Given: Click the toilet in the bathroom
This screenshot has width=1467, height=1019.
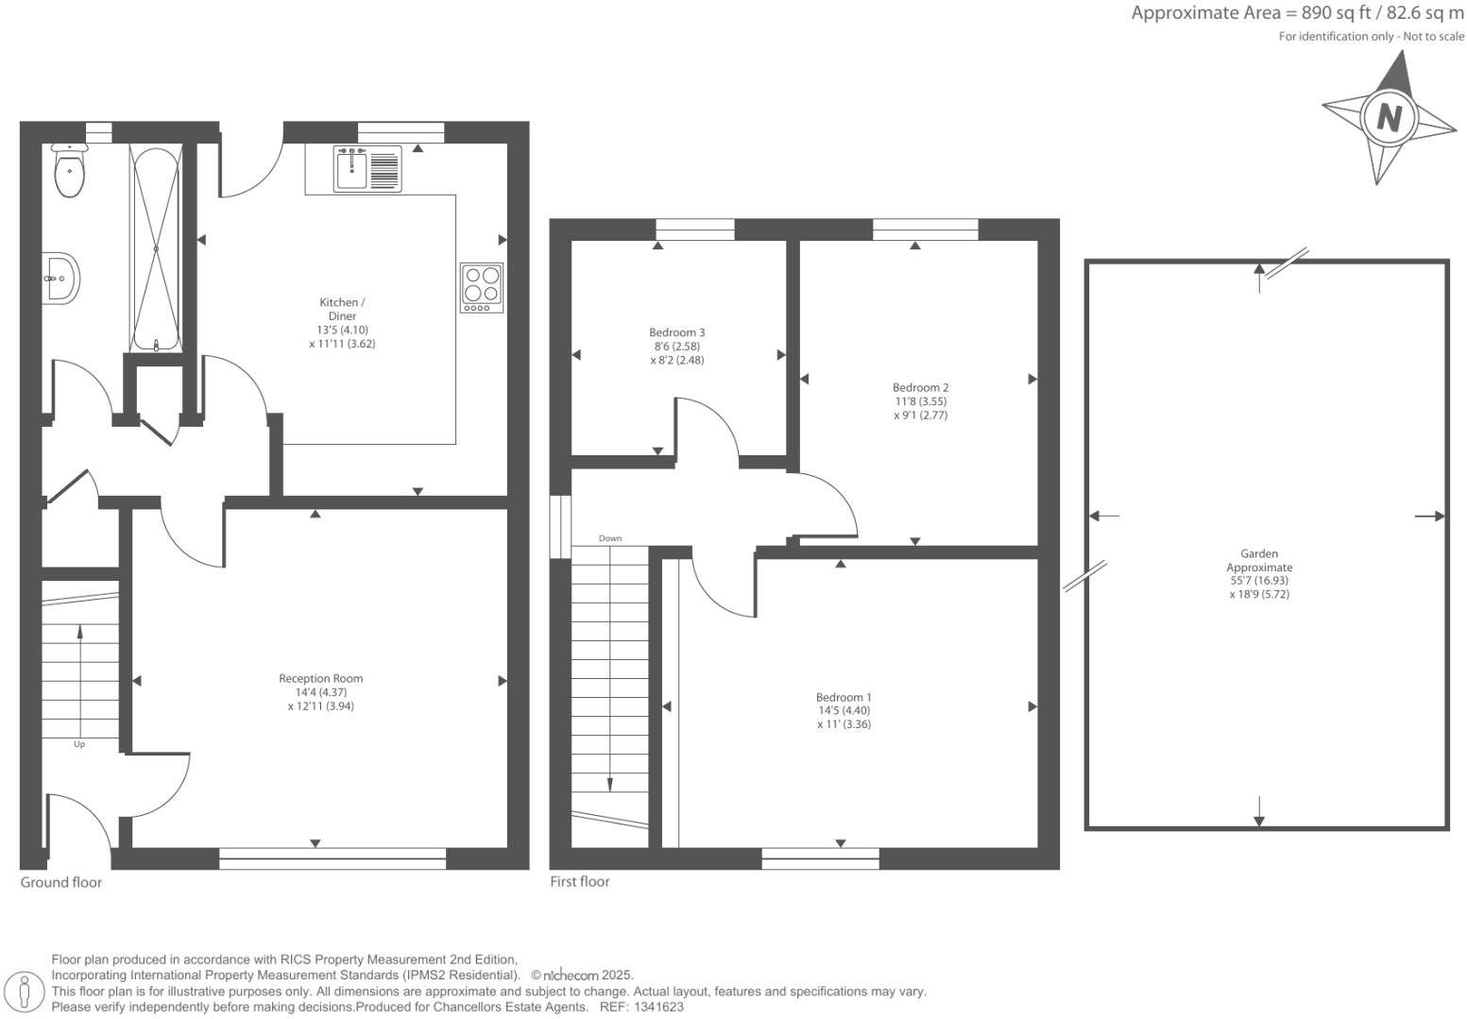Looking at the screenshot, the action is [x=69, y=170].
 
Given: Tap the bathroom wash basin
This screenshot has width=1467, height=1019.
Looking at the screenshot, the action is [x=60, y=279].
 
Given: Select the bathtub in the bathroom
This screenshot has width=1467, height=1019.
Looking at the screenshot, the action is [x=156, y=249].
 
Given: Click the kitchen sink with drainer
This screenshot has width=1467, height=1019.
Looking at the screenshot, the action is [x=367, y=169].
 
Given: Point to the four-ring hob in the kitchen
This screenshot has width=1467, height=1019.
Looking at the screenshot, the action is [x=482, y=287].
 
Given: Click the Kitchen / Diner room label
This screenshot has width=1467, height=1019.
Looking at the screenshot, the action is [x=342, y=309].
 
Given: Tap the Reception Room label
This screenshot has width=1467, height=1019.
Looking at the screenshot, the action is [x=321, y=678].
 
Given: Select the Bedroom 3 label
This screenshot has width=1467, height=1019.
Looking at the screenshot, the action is [x=677, y=332].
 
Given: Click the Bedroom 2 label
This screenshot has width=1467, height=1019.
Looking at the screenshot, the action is [x=920, y=387].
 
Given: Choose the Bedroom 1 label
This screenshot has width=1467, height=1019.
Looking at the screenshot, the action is [x=844, y=697].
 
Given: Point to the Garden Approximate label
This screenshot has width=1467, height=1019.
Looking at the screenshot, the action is [x=1259, y=561].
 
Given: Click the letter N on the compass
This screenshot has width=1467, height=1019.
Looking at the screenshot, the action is [x=1389, y=119].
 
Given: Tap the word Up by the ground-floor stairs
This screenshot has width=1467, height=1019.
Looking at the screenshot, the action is [x=79, y=744].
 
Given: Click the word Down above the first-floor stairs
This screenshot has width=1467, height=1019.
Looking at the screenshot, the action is [x=609, y=538].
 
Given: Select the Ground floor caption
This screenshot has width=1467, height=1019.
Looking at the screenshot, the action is [x=60, y=882].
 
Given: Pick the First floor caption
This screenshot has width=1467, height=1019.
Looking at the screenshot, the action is [x=580, y=881].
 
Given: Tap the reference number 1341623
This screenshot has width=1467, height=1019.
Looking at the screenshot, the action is [x=658, y=1008].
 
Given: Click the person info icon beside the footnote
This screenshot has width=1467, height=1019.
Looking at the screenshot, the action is [x=25, y=993].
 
